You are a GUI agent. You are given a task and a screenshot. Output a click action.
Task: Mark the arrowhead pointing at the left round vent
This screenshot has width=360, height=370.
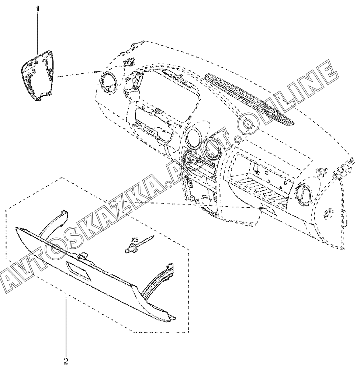pyautogui.click(x=97, y=72)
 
